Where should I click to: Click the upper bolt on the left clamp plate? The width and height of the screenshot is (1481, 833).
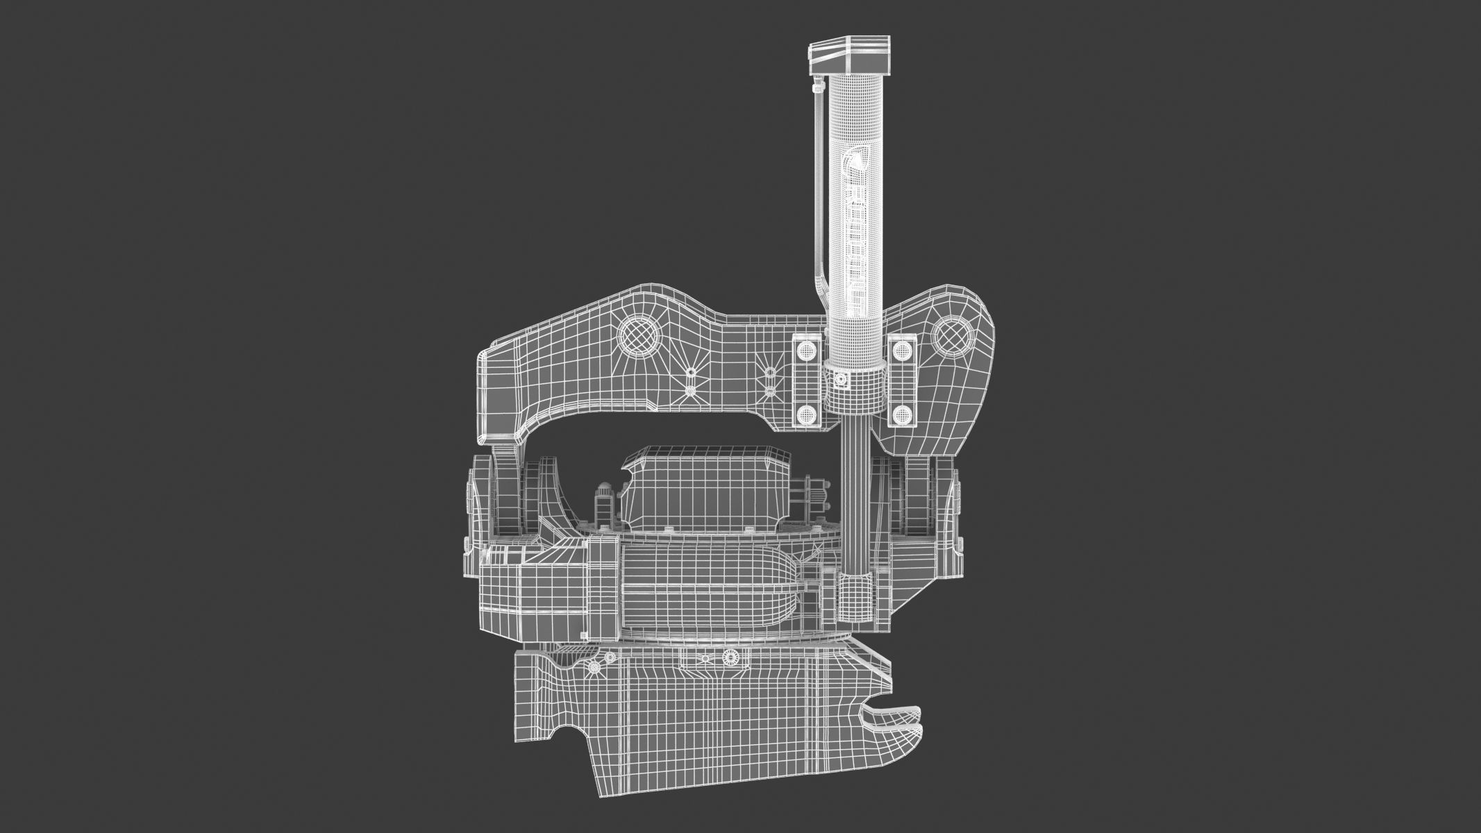806,351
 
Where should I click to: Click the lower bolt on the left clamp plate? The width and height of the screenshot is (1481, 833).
806,414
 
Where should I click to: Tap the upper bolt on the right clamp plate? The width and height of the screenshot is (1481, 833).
902,351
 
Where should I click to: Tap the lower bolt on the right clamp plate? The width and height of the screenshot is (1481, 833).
902,414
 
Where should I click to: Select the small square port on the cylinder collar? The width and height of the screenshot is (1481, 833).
841,380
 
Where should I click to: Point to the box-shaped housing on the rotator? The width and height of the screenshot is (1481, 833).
707,489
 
